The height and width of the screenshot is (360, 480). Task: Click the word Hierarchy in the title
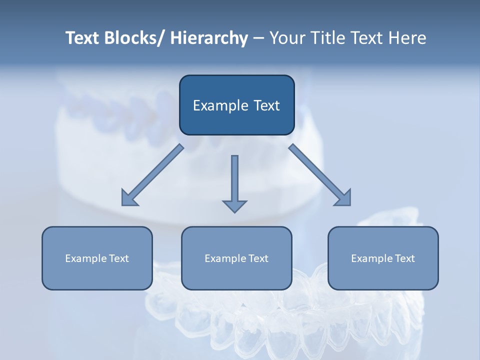209,38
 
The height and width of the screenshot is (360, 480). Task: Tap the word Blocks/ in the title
132,38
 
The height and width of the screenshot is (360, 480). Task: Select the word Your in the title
287,38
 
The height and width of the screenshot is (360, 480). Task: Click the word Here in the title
407,38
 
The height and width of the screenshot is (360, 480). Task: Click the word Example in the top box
220,106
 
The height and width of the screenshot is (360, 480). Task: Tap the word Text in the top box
266,105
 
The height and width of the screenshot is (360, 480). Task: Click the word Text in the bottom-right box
404,258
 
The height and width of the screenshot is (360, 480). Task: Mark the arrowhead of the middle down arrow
234,206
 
